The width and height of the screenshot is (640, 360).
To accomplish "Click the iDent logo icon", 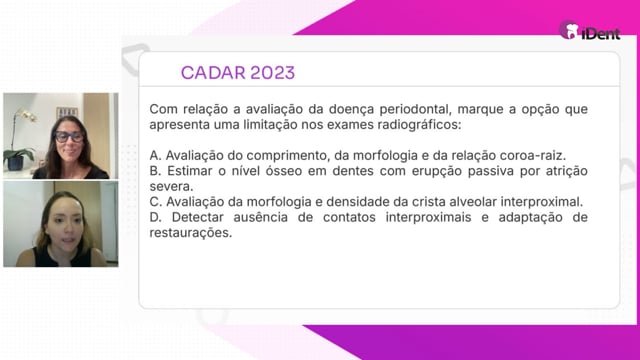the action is [x=569, y=30].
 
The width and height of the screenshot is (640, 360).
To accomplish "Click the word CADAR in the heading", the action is [x=212, y=73].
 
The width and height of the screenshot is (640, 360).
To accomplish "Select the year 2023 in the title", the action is [x=272, y=73].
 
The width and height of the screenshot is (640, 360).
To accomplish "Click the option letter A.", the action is [x=155, y=156].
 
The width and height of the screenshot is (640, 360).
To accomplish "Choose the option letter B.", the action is [x=155, y=171].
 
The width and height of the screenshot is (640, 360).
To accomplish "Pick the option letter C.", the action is [x=156, y=202].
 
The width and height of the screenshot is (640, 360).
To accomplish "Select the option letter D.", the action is [x=155, y=217].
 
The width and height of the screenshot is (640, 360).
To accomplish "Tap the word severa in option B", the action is [x=171, y=187].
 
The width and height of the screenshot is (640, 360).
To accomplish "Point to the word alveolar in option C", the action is [x=473, y=202].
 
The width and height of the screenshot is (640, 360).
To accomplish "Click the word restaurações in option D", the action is [x=191, y=233].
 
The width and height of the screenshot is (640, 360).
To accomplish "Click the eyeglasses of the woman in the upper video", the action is [x=69, y=136].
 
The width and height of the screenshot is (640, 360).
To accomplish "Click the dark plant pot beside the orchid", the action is [x=16, y=163].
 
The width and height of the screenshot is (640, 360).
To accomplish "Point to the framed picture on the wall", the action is [x=67, y=112].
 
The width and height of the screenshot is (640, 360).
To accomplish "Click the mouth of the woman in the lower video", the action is [x=68, y=240].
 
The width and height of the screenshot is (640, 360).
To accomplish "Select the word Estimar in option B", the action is [x=189, y=171].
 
